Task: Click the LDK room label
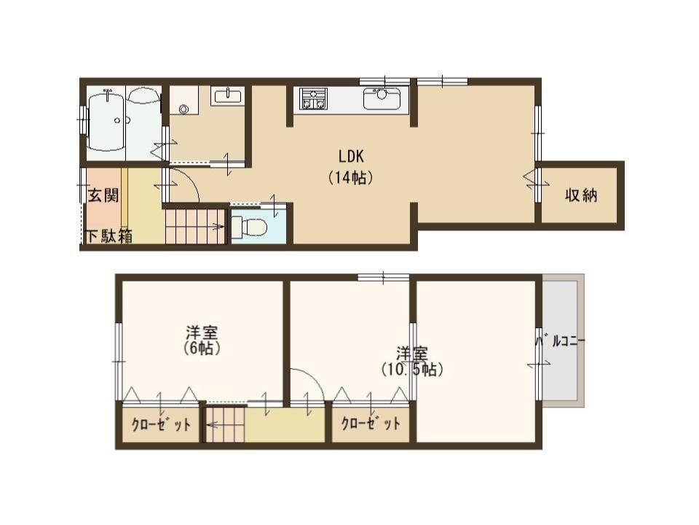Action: [351, 157]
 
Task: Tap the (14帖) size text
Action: [351, 178]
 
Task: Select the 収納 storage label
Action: [581, 195]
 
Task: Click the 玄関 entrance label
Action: [103, 195]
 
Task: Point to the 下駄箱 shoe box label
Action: [108, 236]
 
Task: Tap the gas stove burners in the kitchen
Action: [313, 98]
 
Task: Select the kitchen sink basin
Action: [382, 98]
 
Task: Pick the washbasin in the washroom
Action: [227, 96]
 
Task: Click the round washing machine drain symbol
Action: [184, 109]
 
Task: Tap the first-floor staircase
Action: [195, 227]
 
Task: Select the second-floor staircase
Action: [226, 424]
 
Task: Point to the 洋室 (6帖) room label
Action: [202, 341]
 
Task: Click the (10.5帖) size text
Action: [412, 370]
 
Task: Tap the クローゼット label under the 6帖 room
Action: [161, 424]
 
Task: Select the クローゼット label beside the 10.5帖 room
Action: [371, 423]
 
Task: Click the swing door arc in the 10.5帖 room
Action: [312, 377]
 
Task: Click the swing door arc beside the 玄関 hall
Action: [189, 179]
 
